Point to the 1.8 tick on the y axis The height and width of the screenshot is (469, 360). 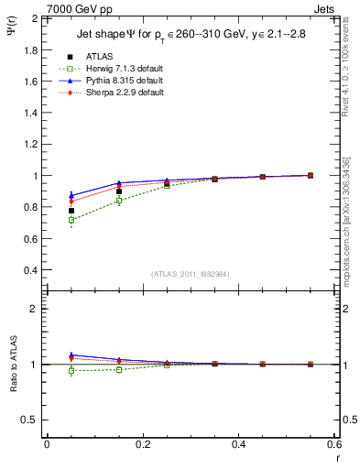[30, 49]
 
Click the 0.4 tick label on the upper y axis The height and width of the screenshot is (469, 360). [30, 271]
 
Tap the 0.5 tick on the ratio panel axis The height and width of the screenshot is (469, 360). [30, 420]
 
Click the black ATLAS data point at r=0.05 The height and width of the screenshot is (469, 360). [71, 211]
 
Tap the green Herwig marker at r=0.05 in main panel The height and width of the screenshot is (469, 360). [71, 220]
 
